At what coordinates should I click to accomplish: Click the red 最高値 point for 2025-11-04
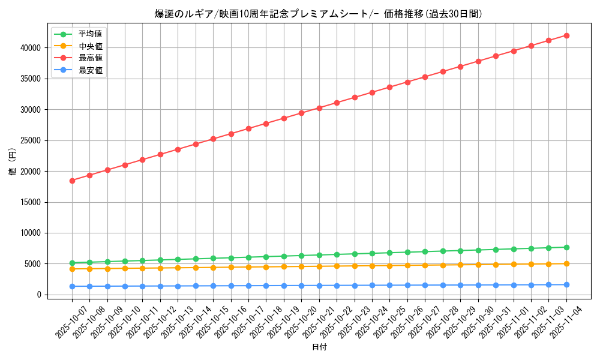566,35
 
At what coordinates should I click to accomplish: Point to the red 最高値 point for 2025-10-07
72,181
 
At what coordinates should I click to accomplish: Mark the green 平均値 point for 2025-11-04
566,247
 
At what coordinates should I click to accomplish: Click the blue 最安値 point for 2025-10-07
72,286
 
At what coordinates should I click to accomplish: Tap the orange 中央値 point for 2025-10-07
72,269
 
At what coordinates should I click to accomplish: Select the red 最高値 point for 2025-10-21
319,108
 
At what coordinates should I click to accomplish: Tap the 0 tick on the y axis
39,295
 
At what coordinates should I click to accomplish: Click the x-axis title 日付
319,347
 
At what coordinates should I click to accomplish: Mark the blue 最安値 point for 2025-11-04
566,284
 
